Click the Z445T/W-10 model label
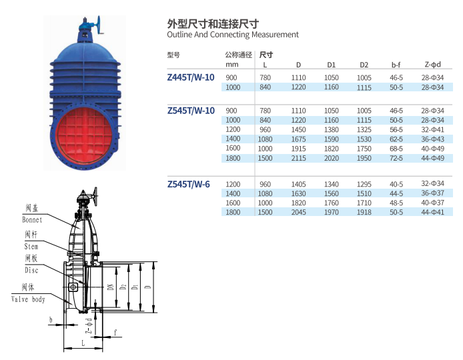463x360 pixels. tap(191, 77)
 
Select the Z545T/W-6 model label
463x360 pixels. tap(188, 185)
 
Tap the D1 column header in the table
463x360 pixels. tap(332, 65)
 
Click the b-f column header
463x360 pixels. tap(396, 65)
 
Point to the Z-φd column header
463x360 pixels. tap(432, 64)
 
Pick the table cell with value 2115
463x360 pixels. tap(298, 158)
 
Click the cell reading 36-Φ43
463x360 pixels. tap(432, 139)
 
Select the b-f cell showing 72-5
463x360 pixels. tap(396, 158)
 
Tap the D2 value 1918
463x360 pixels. tap(364, 212)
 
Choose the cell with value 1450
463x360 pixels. tap(298, 129)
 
